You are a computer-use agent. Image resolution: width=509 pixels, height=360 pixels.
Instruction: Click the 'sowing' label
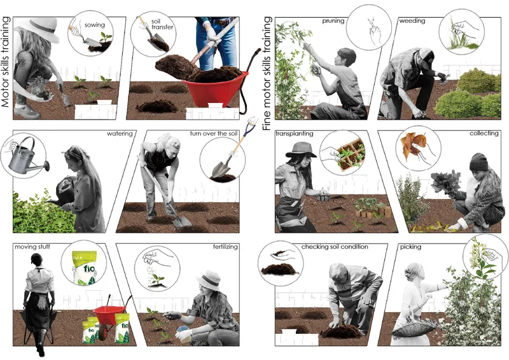(94, 25)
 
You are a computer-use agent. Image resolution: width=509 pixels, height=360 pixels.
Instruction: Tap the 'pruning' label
(333, 21)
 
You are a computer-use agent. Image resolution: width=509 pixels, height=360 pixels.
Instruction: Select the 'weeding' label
(412, 21)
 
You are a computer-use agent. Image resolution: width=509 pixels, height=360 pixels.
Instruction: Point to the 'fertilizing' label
(225, 247)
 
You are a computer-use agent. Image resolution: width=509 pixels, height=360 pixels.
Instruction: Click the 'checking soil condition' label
(335, 247)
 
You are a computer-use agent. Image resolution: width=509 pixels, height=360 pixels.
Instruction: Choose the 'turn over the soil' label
(214, 134)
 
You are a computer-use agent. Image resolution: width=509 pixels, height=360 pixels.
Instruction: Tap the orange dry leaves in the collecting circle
(412, 146)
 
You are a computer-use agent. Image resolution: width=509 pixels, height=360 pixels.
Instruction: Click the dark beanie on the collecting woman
(479, 162)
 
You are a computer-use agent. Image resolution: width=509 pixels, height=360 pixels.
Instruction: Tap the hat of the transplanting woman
(301, 150)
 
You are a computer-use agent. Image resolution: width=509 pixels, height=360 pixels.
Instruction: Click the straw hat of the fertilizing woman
(209, 280)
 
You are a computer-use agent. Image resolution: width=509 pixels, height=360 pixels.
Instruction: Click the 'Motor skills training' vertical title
(6, 62)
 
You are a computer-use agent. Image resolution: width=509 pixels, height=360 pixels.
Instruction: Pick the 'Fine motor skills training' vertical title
(267, 73)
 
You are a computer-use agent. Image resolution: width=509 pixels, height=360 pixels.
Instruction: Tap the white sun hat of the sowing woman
(45, 29)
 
